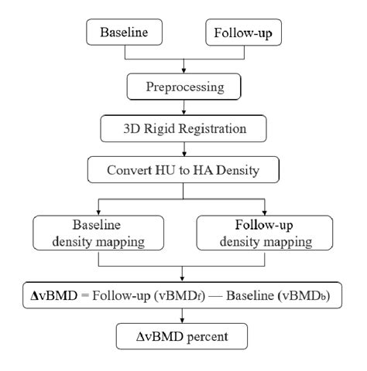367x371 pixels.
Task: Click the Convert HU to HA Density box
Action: [x=183, y=166]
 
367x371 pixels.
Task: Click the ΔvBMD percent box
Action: [x=183, y=337]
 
